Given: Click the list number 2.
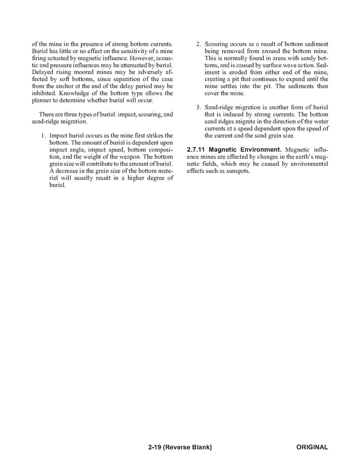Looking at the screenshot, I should [198, 45].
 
